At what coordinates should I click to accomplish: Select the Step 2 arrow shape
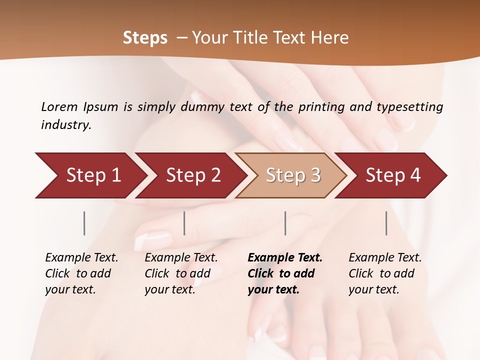click(x=192, y=175)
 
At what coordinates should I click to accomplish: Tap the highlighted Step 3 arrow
click(x=293, y=175)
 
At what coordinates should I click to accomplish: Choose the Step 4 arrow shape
click(x=393, y=175)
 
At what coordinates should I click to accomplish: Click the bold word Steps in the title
click(x=145, y=38)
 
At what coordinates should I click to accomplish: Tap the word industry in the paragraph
click(x=65, y=124)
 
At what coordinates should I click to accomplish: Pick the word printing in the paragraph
click(x=322, y=106)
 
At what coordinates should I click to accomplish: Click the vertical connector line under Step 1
click(x=84, y=223)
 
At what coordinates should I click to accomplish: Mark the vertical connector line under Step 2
click(x=184, y=223)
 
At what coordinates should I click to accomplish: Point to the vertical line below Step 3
click(x=285, y=223)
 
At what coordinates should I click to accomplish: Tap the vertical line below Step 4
click(x=386, y=223)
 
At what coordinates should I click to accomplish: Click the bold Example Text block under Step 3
click(x=284, y=273)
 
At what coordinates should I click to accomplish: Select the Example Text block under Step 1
click(x=81, y=273)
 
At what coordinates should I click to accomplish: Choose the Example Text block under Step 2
click(x=181, y=273)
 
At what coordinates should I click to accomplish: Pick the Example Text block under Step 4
click(x=384, y=273)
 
